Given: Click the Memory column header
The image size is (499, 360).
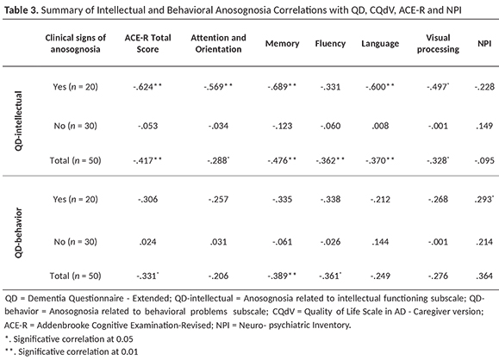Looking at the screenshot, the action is tap(283, 44).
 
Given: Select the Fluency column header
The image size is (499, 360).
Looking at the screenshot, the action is tap(330, 44).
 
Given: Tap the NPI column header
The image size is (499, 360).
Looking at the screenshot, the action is tap(484, 44).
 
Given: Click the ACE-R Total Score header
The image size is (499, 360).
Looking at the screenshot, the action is tap(147, 43).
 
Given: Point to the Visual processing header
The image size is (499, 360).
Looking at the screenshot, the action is tap(438, 43).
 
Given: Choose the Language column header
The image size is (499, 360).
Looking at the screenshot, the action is tap(380, 44).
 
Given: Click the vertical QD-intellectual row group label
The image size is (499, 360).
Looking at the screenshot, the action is tap(18, 121).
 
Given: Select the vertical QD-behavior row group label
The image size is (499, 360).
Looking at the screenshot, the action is tap(18, 233).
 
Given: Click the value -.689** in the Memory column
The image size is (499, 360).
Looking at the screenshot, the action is tap(282, 87).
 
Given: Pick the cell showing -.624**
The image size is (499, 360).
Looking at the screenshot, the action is tap(147, 87).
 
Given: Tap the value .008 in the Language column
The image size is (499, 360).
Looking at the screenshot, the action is tap(380, 126).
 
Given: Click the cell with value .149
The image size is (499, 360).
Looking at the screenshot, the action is tap(484, 126).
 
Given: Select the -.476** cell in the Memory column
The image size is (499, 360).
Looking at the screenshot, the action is tap(282, 160).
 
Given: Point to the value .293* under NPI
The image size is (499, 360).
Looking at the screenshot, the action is tap(485, 200).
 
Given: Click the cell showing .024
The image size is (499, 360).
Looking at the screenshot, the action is tap(147, 242).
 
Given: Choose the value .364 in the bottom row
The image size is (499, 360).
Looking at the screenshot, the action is tap(484, 276).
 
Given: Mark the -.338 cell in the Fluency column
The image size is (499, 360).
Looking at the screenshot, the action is tap(330, 200).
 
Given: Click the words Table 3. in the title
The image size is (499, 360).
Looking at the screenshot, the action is tap(22, 10).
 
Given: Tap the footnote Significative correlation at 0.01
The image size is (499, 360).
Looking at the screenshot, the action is tap(72, 351).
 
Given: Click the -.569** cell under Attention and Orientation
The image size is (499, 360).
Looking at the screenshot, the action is tap(218, 87).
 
